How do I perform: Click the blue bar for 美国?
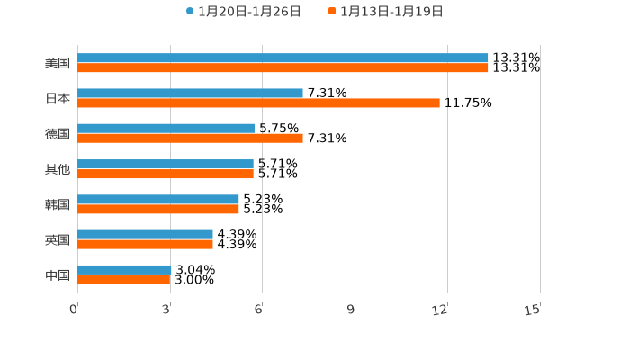click(x=283, y=58)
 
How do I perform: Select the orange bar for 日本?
click(x=258, y=103)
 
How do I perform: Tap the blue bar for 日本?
click(x=190, y=93)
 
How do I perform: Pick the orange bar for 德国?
click(x=190, y=139)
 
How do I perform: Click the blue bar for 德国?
click(x=166, y=128)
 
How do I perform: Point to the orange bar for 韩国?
click(x=158, y=210)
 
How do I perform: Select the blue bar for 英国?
click(x=145, y=234)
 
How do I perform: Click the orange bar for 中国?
click(x=124, y=280)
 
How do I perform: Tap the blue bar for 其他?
click(x=166, y=164)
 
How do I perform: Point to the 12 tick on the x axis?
click(x=440, y=310)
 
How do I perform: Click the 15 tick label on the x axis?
click(x=533, y=310)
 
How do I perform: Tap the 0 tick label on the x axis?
click(x=74, y=310)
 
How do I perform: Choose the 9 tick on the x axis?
click(x=352, y=310)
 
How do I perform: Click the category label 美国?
click(x=58, y=64)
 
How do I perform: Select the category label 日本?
click(x=58, y=99)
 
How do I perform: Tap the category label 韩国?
click(x=58, y=204)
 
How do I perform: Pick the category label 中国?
click(x=58, y=274)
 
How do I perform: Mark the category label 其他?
click(x=58, y=169)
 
